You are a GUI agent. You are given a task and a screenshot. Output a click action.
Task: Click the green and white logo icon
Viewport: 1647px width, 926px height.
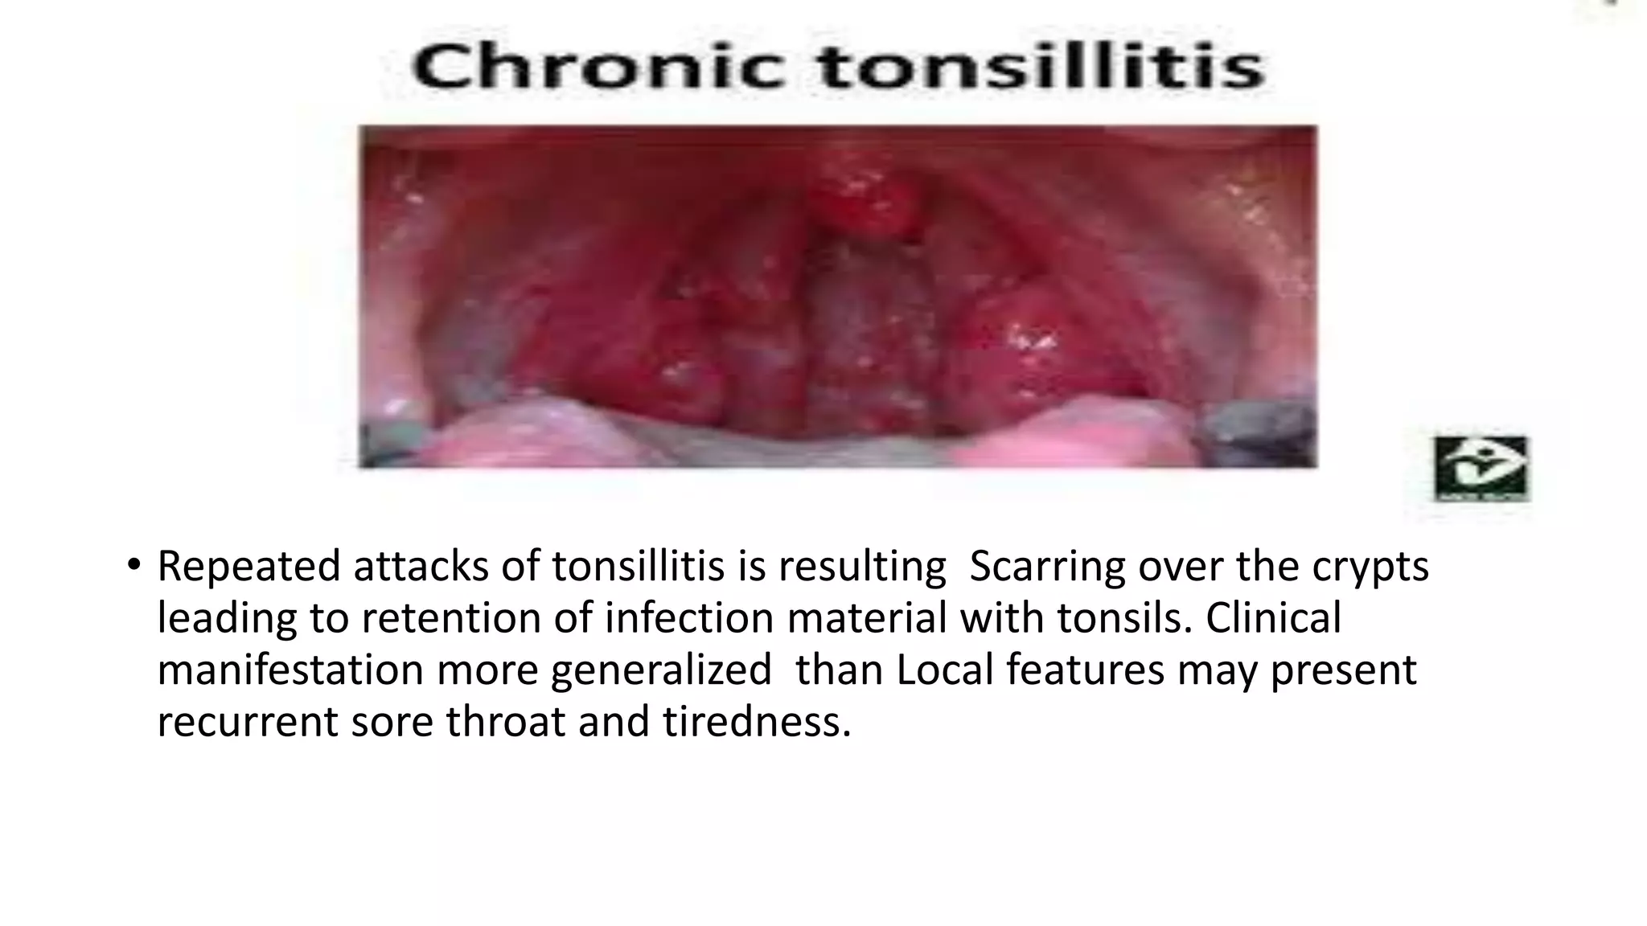point(1481,468)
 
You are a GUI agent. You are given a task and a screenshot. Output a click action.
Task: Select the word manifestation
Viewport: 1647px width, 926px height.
point(290,670)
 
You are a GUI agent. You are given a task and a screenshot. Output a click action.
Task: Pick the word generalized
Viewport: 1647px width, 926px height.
point(661,670)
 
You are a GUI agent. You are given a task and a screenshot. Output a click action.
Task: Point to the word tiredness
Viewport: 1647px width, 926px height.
point(757,721)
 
